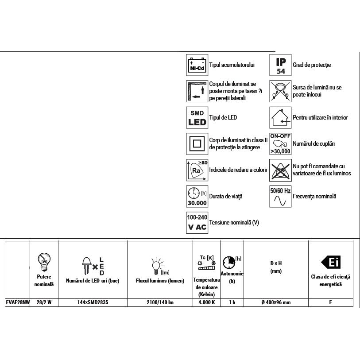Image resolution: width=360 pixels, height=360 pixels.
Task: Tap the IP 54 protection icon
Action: click(281, 65)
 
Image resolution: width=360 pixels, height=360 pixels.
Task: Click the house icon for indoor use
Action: click(281, 118)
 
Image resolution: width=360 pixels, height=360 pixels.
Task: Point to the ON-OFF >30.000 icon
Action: click(281, 144)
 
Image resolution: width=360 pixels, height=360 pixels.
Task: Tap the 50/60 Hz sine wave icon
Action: click(281, 197)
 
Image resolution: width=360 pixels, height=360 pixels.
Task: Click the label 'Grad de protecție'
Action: click(312, 65)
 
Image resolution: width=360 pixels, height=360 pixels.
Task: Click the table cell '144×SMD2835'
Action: click(93, 303)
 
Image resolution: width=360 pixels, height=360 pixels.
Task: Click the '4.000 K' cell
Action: click(206, 303)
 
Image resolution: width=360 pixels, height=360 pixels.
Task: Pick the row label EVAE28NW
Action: click(18, 303)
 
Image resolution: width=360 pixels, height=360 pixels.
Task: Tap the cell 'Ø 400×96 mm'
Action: click(276, 303)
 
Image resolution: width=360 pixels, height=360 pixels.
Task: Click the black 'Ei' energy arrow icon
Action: click(330, 263)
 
